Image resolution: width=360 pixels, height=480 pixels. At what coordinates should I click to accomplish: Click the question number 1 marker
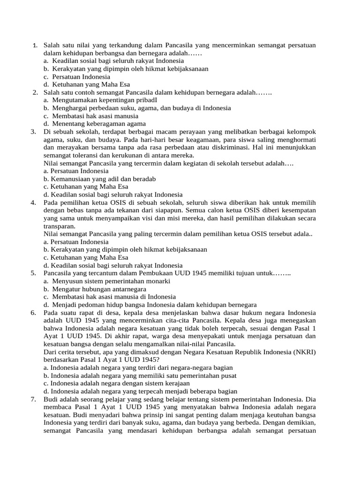pos(35,45)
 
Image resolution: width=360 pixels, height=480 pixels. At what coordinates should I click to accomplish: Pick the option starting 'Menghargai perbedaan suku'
pos(141,108)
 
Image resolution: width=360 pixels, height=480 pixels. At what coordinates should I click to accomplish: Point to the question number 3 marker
pos(34,132)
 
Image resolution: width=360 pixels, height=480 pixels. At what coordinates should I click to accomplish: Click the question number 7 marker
pos(34,399)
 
